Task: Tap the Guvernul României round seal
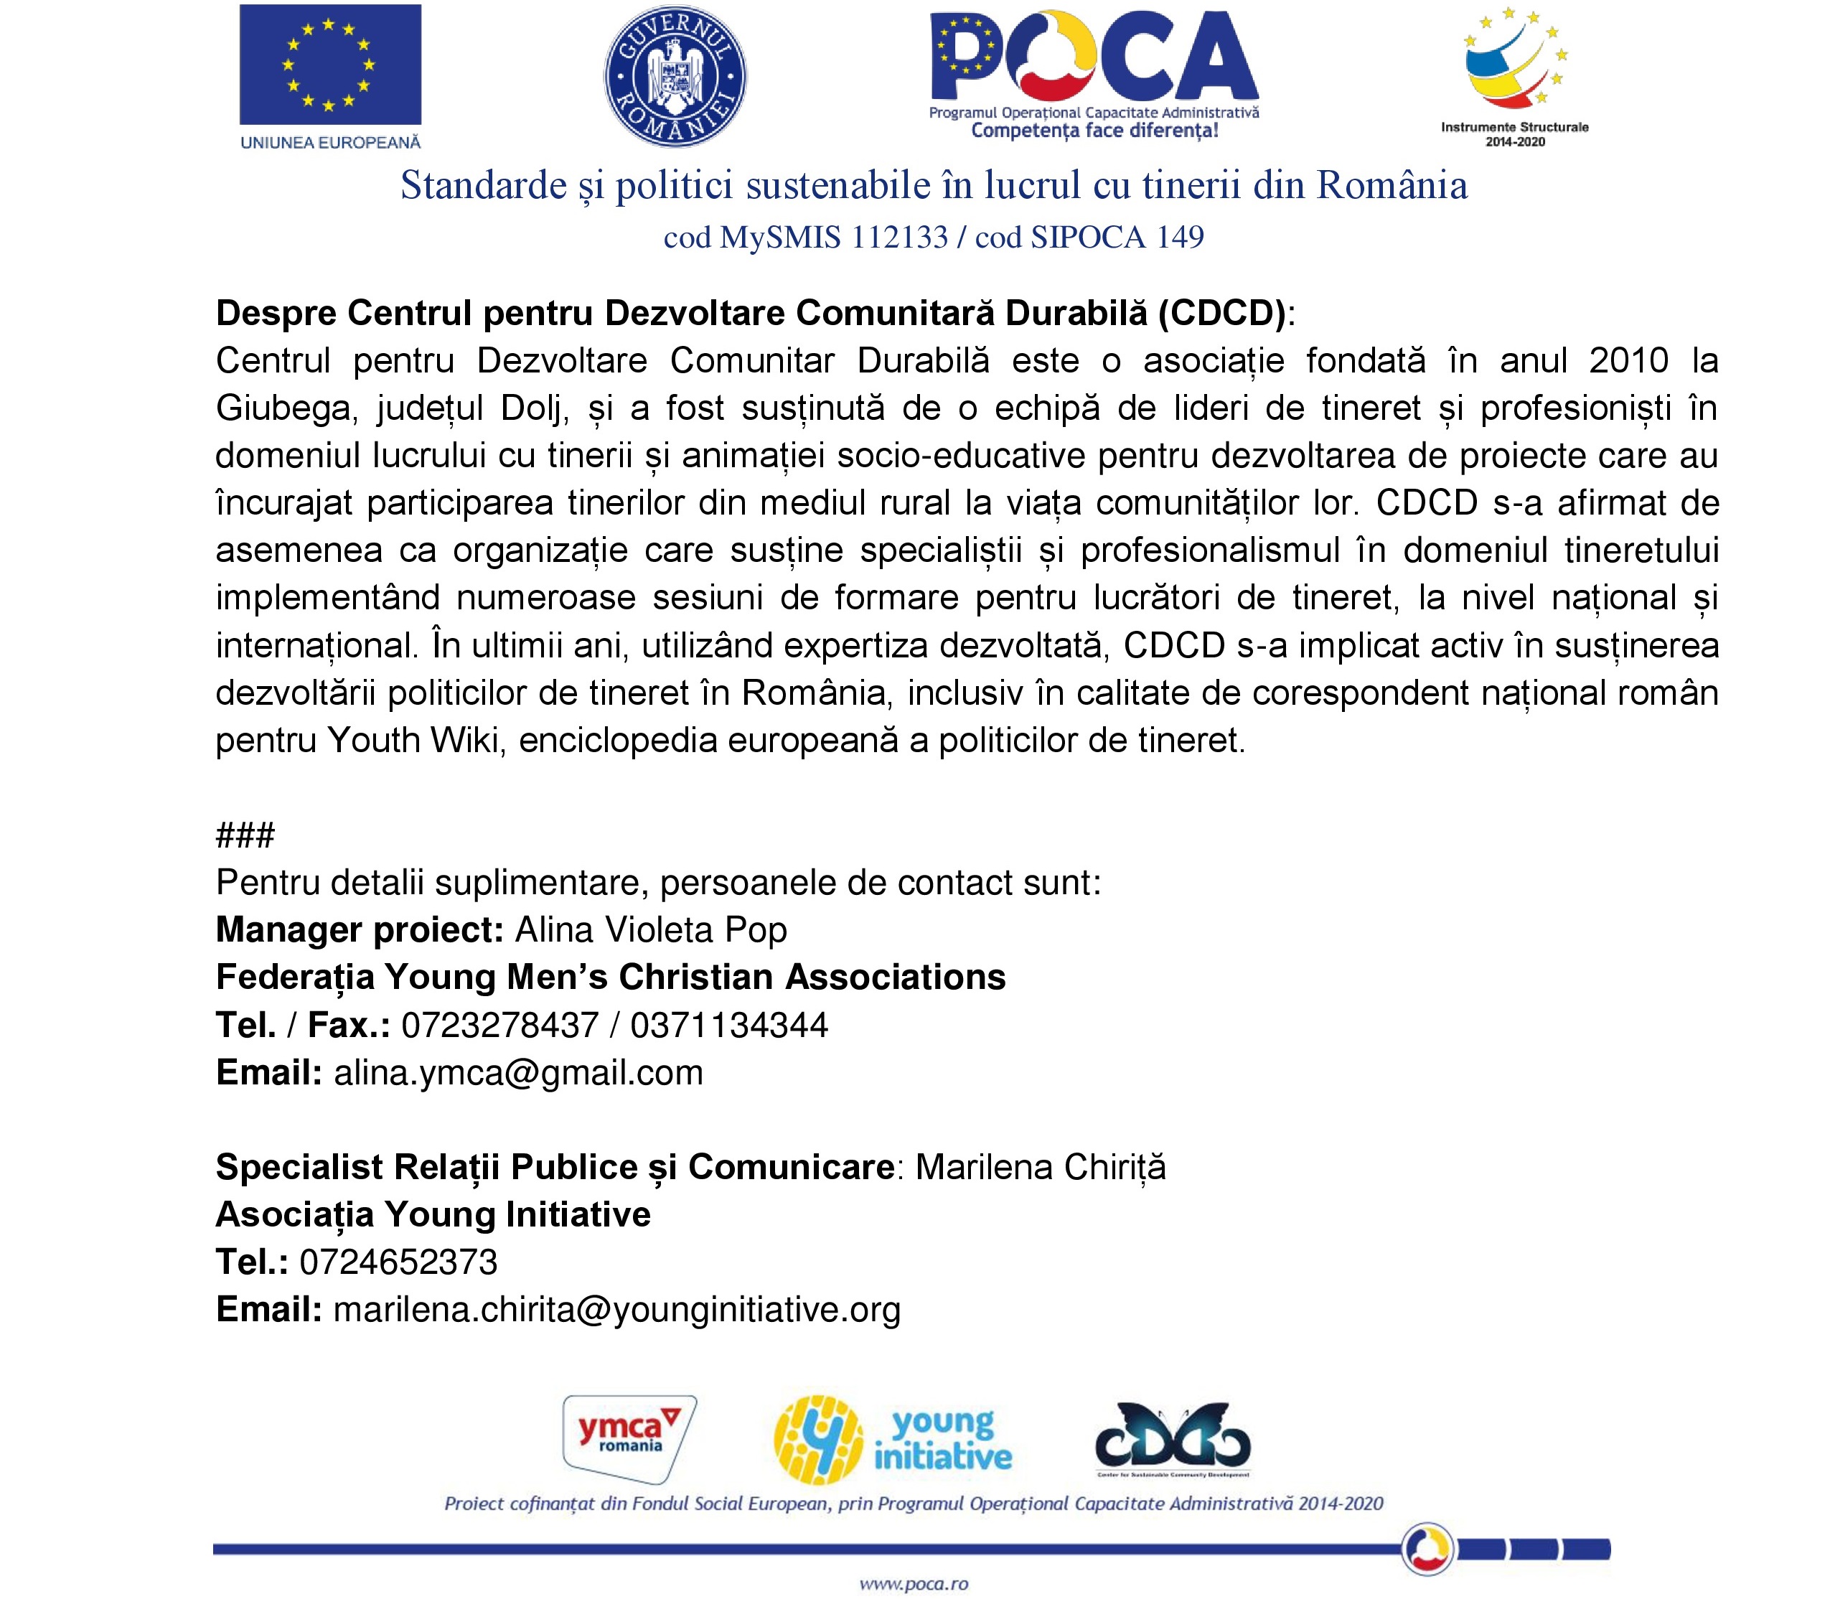(675, 77)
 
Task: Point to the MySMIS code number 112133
(899, 238)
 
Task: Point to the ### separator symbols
(245, 835)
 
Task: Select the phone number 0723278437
(499, 1026)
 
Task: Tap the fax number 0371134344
(729, 1026)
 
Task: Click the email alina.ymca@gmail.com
(518, 1072)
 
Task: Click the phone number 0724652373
(398, 1262)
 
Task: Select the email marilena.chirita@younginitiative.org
(616, 1310)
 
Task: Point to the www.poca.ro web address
(914, 1584)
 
